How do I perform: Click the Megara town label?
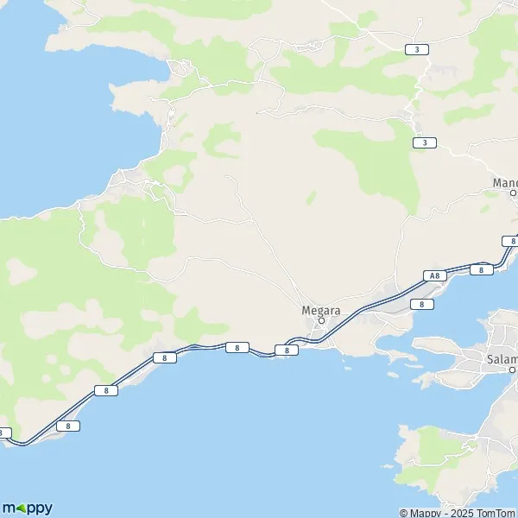point(320,310)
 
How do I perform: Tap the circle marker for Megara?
point(321,321)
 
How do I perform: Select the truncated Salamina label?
point(502,359)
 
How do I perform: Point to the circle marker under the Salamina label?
point(512,370)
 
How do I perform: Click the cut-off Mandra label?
point(504,182)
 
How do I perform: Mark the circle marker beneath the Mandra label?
point(513,193)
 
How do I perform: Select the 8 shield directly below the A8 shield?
point(420,304)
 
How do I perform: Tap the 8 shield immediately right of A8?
point(481,270)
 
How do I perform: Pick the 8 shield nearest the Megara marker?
point(286,350)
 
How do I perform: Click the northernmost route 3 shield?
point(417,50)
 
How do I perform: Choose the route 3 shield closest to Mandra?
point(424,142)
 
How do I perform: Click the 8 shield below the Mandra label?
point(511,241)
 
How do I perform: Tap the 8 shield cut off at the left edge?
point(3,433)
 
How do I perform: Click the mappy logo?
point(27,508)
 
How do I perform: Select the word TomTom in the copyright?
point(496,513)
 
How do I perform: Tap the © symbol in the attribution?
point(404,513)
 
